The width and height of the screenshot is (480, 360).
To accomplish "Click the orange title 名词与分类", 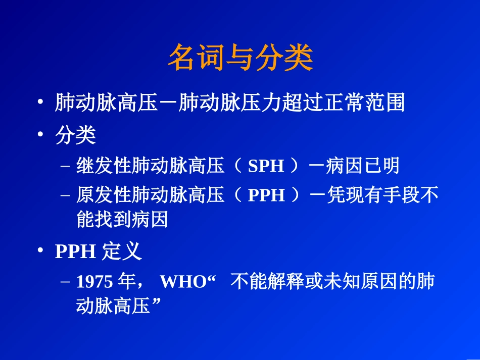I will click(240, 59).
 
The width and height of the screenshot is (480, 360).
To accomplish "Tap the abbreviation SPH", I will click(266, 166).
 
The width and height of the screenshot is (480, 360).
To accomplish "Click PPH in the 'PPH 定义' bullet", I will click(75, 252).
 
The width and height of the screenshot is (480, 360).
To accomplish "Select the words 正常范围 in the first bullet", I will click(367, 103).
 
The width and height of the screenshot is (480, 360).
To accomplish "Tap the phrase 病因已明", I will click(362, 166).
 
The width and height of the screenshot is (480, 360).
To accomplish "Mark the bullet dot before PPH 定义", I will click(40, 252).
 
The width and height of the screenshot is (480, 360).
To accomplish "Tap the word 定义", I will click(122, 251).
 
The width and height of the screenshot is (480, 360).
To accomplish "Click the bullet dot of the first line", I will click(40, 104).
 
